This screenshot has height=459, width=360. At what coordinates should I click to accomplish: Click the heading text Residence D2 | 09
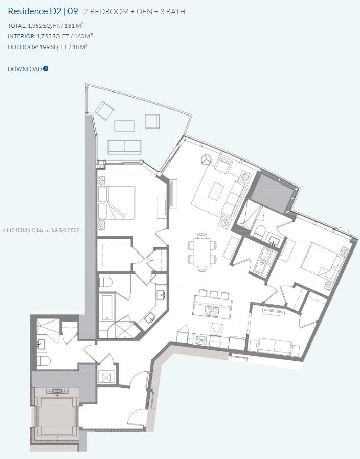[x=43, y=11]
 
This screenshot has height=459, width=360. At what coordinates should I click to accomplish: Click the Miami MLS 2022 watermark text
[x=41, y=231]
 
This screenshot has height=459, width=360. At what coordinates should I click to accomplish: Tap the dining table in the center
[x=202, y=252]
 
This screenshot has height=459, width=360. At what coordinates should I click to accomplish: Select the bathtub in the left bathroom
[x=107, y=307]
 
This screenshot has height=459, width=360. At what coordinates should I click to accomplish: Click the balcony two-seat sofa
[x=124, y=147]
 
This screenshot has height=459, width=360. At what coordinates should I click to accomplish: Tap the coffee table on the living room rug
[x=216, y=192]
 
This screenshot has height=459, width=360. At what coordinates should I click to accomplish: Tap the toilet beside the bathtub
[x=106, y=283]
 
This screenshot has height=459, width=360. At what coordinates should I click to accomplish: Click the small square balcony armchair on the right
[x=152, y=122]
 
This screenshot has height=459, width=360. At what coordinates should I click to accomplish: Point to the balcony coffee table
[x=124, y=126]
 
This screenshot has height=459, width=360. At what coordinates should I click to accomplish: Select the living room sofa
[x=234, y=199]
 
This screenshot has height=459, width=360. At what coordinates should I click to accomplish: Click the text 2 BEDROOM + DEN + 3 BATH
[x=134, y=12]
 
